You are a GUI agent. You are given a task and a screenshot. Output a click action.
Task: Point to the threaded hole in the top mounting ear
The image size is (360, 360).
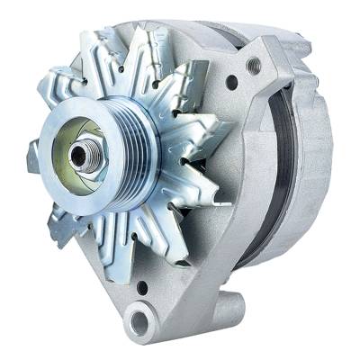[x=254, y=64]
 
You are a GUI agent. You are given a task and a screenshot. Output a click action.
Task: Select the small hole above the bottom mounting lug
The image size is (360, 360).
[x=141, y=289]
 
